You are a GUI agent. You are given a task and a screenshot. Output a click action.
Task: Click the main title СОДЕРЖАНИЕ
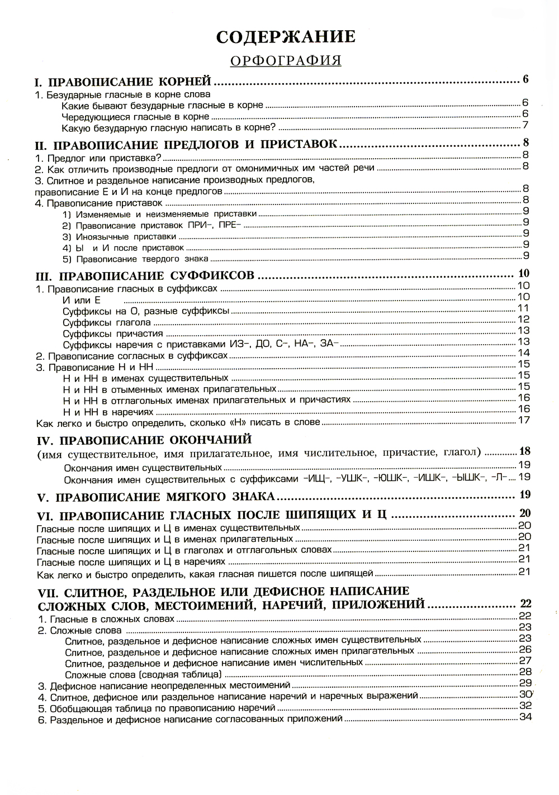(286, 36)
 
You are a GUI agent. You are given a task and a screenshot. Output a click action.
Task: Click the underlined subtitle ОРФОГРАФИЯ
(286, 60)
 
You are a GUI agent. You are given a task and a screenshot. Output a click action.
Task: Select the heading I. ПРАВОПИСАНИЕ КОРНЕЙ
(124, 82)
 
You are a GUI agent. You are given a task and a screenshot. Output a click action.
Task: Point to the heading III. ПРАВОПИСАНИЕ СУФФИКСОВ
(145, 275)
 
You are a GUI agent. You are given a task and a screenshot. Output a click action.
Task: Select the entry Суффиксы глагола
(106, 322)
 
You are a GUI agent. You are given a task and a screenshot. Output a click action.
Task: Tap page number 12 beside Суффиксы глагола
(523, 320)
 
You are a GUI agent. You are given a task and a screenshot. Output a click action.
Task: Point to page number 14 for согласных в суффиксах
(523, 353)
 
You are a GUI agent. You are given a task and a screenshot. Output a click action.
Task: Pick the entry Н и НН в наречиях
(106, 411)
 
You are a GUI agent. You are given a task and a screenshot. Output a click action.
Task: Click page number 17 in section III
(523, 420)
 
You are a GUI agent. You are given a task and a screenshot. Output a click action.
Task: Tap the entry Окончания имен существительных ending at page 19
(143, 467)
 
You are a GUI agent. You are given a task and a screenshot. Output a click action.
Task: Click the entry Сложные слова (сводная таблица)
(143, 674)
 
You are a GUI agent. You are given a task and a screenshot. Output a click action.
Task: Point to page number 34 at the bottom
(525, 717)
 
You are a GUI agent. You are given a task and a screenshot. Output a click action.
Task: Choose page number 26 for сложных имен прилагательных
(525, 649)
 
